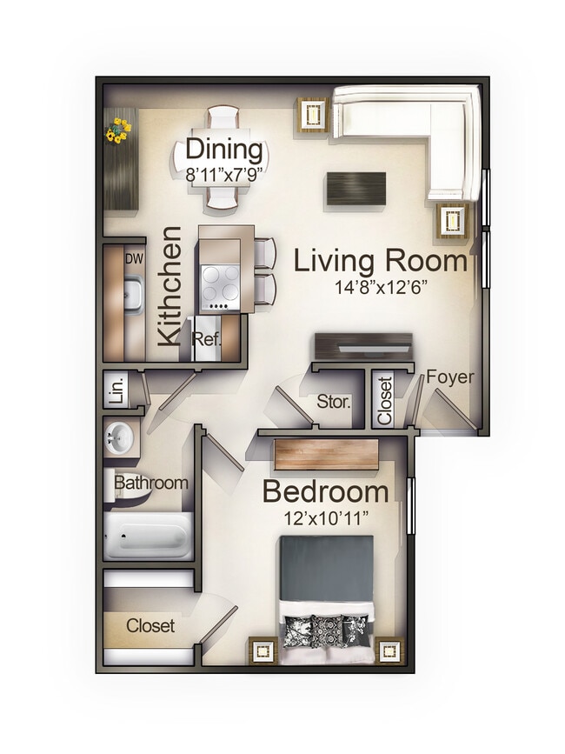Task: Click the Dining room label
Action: click(x=224, y=149)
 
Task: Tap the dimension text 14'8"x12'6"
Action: click(x=379, y=288)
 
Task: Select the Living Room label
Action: click(x=381, y=261)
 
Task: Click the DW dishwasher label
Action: click(x=134, y=258)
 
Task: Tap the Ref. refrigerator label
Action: click(x=207, y=338)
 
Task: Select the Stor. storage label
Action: click(x=334, y=402)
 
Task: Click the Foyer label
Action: click(x=450, y=377)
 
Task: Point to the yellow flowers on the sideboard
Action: click(x=117, y=130)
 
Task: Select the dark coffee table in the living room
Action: click(x=356, y=189)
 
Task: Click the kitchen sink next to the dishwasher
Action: click(x=132, y=294)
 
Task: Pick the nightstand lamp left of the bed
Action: click(x=263, y=649)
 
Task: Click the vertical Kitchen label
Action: click(x=169, y=287)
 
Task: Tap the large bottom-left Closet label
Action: click(x=150, y=625)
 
